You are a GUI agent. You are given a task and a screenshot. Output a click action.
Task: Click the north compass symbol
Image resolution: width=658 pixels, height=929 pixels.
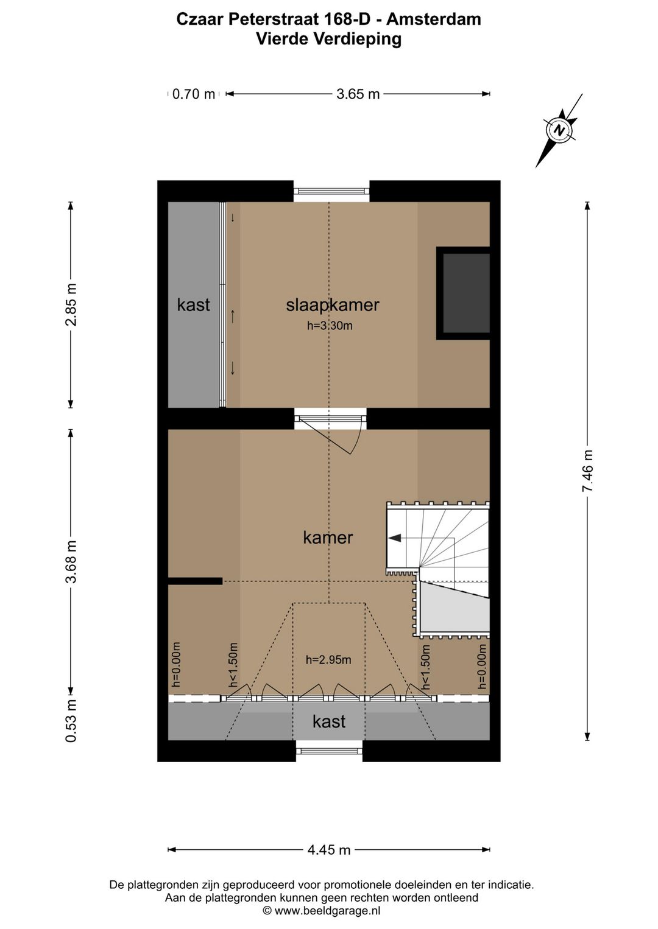559,130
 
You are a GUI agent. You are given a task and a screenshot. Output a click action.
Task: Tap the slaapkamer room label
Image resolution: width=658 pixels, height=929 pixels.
332,305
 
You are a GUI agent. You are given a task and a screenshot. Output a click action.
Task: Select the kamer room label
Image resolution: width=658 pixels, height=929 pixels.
328,538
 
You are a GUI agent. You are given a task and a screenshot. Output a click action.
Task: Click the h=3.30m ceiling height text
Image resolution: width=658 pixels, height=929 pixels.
330,326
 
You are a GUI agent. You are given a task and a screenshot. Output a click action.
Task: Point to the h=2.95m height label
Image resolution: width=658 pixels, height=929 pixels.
328,660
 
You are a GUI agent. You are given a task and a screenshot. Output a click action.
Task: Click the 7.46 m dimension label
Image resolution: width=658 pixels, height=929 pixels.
587,471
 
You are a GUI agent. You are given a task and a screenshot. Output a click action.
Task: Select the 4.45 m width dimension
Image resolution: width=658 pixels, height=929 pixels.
329,850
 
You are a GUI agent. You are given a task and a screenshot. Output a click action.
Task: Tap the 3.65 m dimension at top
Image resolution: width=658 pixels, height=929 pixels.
358,94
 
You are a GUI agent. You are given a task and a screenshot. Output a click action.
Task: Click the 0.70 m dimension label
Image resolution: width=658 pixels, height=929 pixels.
194,94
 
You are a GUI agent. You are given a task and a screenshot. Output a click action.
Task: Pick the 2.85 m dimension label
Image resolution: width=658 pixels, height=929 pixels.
71,304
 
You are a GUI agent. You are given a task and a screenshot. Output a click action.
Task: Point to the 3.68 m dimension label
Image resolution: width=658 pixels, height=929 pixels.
71,561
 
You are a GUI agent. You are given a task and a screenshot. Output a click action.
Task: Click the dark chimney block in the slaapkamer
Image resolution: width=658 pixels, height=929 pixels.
465,293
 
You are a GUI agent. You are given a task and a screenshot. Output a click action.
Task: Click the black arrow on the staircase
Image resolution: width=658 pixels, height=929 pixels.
395,538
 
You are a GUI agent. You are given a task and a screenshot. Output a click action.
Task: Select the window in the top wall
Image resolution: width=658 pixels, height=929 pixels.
331,191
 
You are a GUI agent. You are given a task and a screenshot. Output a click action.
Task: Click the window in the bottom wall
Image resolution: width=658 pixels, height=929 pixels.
329,751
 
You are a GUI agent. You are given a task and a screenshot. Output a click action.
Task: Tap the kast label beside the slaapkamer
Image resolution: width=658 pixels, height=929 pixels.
193,305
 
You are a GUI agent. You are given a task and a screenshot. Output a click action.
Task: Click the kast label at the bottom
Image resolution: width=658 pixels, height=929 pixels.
329,722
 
